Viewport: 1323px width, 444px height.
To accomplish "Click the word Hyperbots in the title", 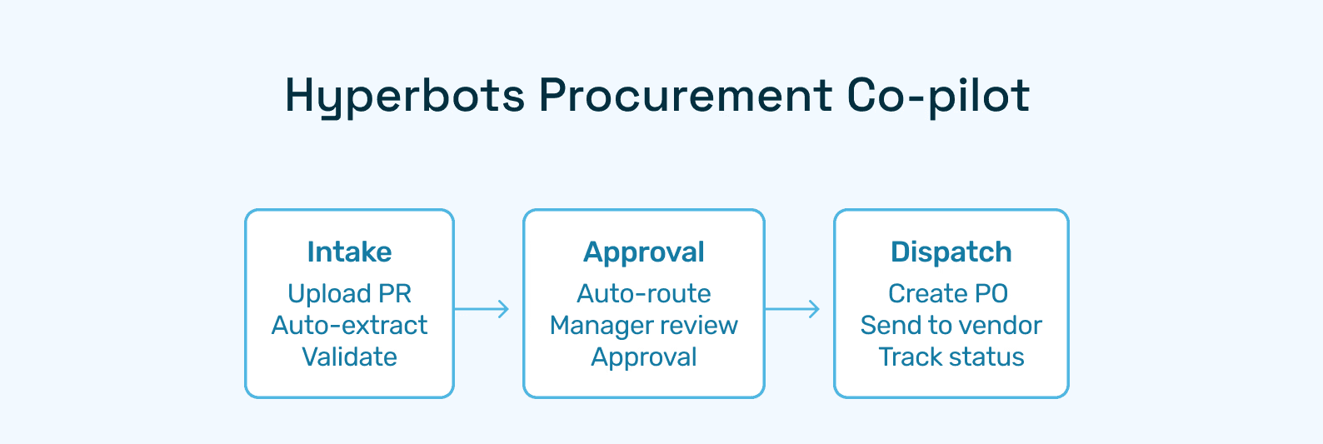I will pyautogui.click(x=405, y=96).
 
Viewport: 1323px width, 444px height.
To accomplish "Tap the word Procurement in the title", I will pyautogui.click(x=685, y=96).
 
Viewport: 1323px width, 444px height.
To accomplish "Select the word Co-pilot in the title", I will pyautogui.click(x=938, y=96).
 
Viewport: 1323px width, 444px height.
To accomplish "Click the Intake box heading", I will pyautogui.click(x=349, y=252).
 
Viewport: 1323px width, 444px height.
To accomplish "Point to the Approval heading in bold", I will pyautogui.click(x=644, y=252).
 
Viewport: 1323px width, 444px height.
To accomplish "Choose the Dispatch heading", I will pyautogui.click(x=951, y=252).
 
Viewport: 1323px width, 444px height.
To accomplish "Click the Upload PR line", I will pyautogui.click(x=349, y=293).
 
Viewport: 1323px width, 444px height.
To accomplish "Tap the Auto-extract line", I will pyautogui.click(x=349, y=325).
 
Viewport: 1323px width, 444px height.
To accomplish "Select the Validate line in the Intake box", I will pyautogui.click(x=349, y=357).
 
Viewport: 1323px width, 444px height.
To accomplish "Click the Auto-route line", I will pyautogui.click(x=644, y=293).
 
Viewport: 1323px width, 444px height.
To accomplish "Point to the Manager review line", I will pyautogui.click(x=644, y=325).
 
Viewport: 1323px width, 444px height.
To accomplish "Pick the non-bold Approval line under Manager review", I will pyautogui.click(x=644, y=357).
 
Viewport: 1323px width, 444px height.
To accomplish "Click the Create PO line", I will pyautogui.click(x=948, y=293).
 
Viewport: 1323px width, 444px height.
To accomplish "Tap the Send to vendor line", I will pyautogui.click(x=951, y=325).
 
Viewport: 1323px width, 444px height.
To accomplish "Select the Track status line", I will pyautogui.click(x=951, y=357).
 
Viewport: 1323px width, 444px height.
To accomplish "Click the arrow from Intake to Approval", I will pyautogui.click(x=482, y=309).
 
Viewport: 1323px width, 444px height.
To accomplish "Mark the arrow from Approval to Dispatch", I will pyautogui.click(x=792, y=309).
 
